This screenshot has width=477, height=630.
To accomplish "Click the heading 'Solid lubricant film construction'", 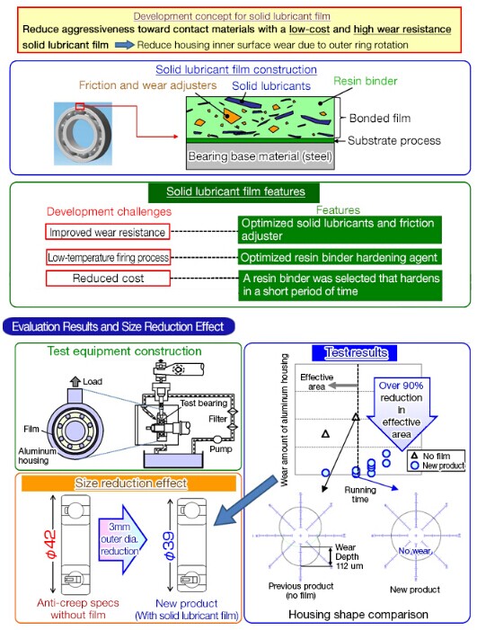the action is [x=236, y=69].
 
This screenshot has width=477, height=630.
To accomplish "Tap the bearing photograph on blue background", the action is [x=84, y=133].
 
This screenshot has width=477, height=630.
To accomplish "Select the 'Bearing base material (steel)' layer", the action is [x=261, y=156].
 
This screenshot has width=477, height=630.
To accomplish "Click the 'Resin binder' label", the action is [x=365, y=81].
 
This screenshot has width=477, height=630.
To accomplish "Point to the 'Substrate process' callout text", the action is [x=393, y=140].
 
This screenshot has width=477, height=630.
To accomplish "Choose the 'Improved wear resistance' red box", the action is [x=107, y=232].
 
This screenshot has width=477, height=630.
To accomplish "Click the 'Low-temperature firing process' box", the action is [x=108, y=257].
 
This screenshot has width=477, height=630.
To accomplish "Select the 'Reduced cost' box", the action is [x=108, y=279].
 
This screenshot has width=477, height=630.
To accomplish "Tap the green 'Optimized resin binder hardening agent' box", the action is [x=340, y=257].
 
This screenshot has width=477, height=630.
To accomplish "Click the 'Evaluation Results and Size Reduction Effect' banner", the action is [x=119, y=326].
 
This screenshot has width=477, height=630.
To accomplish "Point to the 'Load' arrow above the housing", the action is [x=75, y=382].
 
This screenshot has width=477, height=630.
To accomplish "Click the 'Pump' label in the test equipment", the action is [x=221, y=448].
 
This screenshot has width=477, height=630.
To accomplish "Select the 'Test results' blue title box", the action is [x=355, y=352].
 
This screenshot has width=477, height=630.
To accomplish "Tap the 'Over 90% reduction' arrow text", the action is [x=402, y=410].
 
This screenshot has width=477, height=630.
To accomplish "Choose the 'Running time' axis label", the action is [x=360, y=494].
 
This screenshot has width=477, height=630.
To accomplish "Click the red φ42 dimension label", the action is [x=51, y=544].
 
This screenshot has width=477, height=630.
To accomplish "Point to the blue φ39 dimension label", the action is [x=169, y=546].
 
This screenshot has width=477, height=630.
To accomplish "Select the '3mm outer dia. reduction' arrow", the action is [x=122, y=539].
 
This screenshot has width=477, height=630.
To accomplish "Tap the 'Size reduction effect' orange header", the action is [x=128, y=483].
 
